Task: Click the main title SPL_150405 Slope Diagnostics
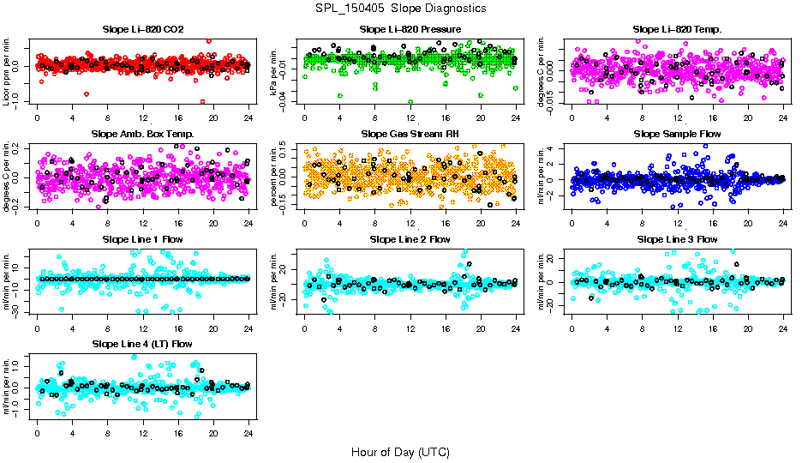400,9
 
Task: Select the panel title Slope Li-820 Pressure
410,30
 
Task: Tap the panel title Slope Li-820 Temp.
677,30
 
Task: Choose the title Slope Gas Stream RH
410,135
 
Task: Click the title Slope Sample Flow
677,135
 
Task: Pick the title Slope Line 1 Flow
143,239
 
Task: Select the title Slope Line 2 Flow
410,239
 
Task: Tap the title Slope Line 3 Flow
677,239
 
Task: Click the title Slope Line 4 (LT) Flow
143,345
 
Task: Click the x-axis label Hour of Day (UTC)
400,452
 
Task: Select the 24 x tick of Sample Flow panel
782,222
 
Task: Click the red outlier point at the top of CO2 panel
208,40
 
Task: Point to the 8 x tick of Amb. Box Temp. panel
108,222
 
